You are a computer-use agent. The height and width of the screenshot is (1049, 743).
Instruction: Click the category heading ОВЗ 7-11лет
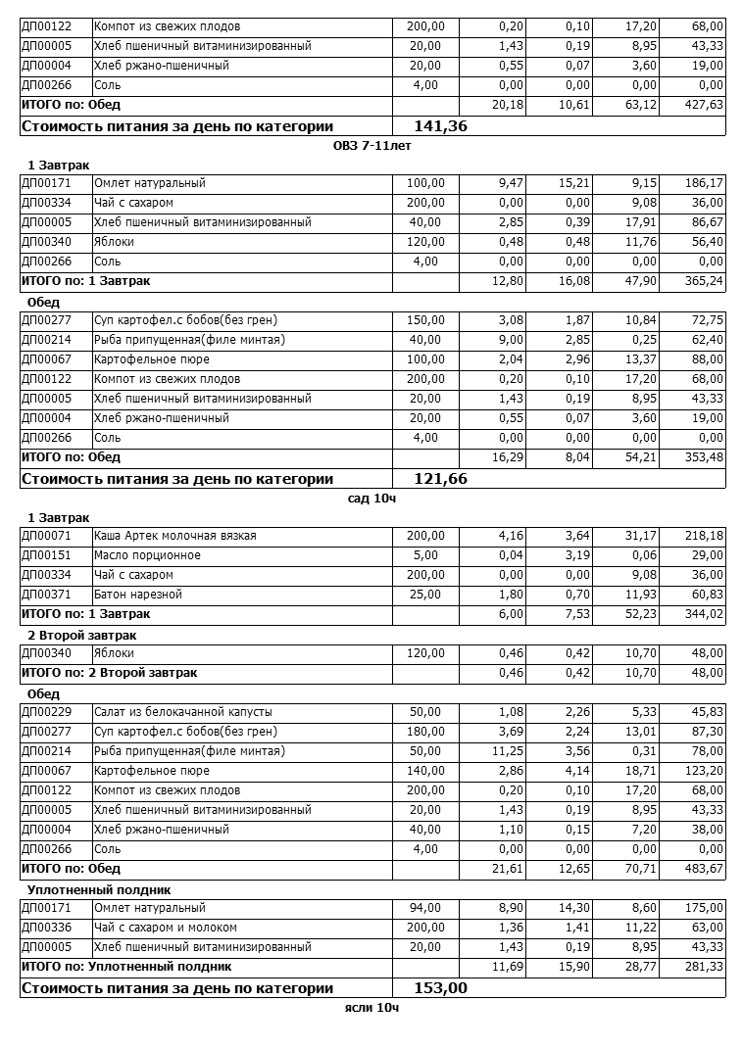pyautogui.click(x=371, y=146)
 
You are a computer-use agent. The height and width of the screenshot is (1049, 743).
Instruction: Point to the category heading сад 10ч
pyautogui.click(x=371, y=499)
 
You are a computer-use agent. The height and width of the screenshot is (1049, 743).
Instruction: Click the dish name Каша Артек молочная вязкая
pyautogui.click(x=174, y=536)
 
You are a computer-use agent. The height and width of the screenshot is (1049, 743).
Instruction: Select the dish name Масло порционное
pyautogui.click(x=147, y=555)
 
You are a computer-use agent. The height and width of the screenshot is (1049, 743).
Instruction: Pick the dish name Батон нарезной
pyautogui.click(x=138, y=595)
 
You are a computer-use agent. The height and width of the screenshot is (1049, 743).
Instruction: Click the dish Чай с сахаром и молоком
pyautogui.click(x=165, y=928)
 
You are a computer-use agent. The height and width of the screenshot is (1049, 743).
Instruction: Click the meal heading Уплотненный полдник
pyautogui.click(x=99, y=889)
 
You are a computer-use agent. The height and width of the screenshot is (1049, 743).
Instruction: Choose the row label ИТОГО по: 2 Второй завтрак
pyautogui.click(x=109, y=673)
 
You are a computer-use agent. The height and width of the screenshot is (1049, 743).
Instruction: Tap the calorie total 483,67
pyautogui.click(x=703, y=869)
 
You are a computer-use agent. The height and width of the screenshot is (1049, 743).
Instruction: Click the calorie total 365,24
pyautogui.click(x=703, y=281)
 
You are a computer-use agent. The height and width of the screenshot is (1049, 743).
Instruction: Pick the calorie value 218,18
pyautogui.click(x=703, y=536)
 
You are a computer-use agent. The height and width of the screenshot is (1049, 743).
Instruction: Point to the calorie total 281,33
pyautogui.click(x=703, y=967)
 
